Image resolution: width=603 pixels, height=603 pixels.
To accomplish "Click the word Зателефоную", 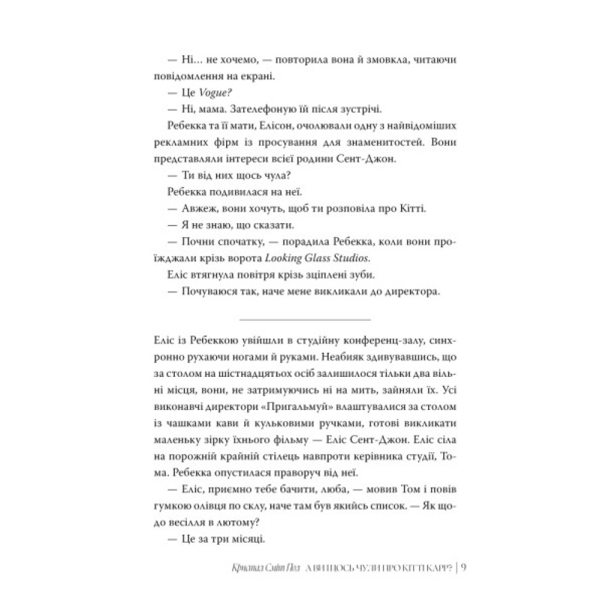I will click(x=266, y=109).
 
